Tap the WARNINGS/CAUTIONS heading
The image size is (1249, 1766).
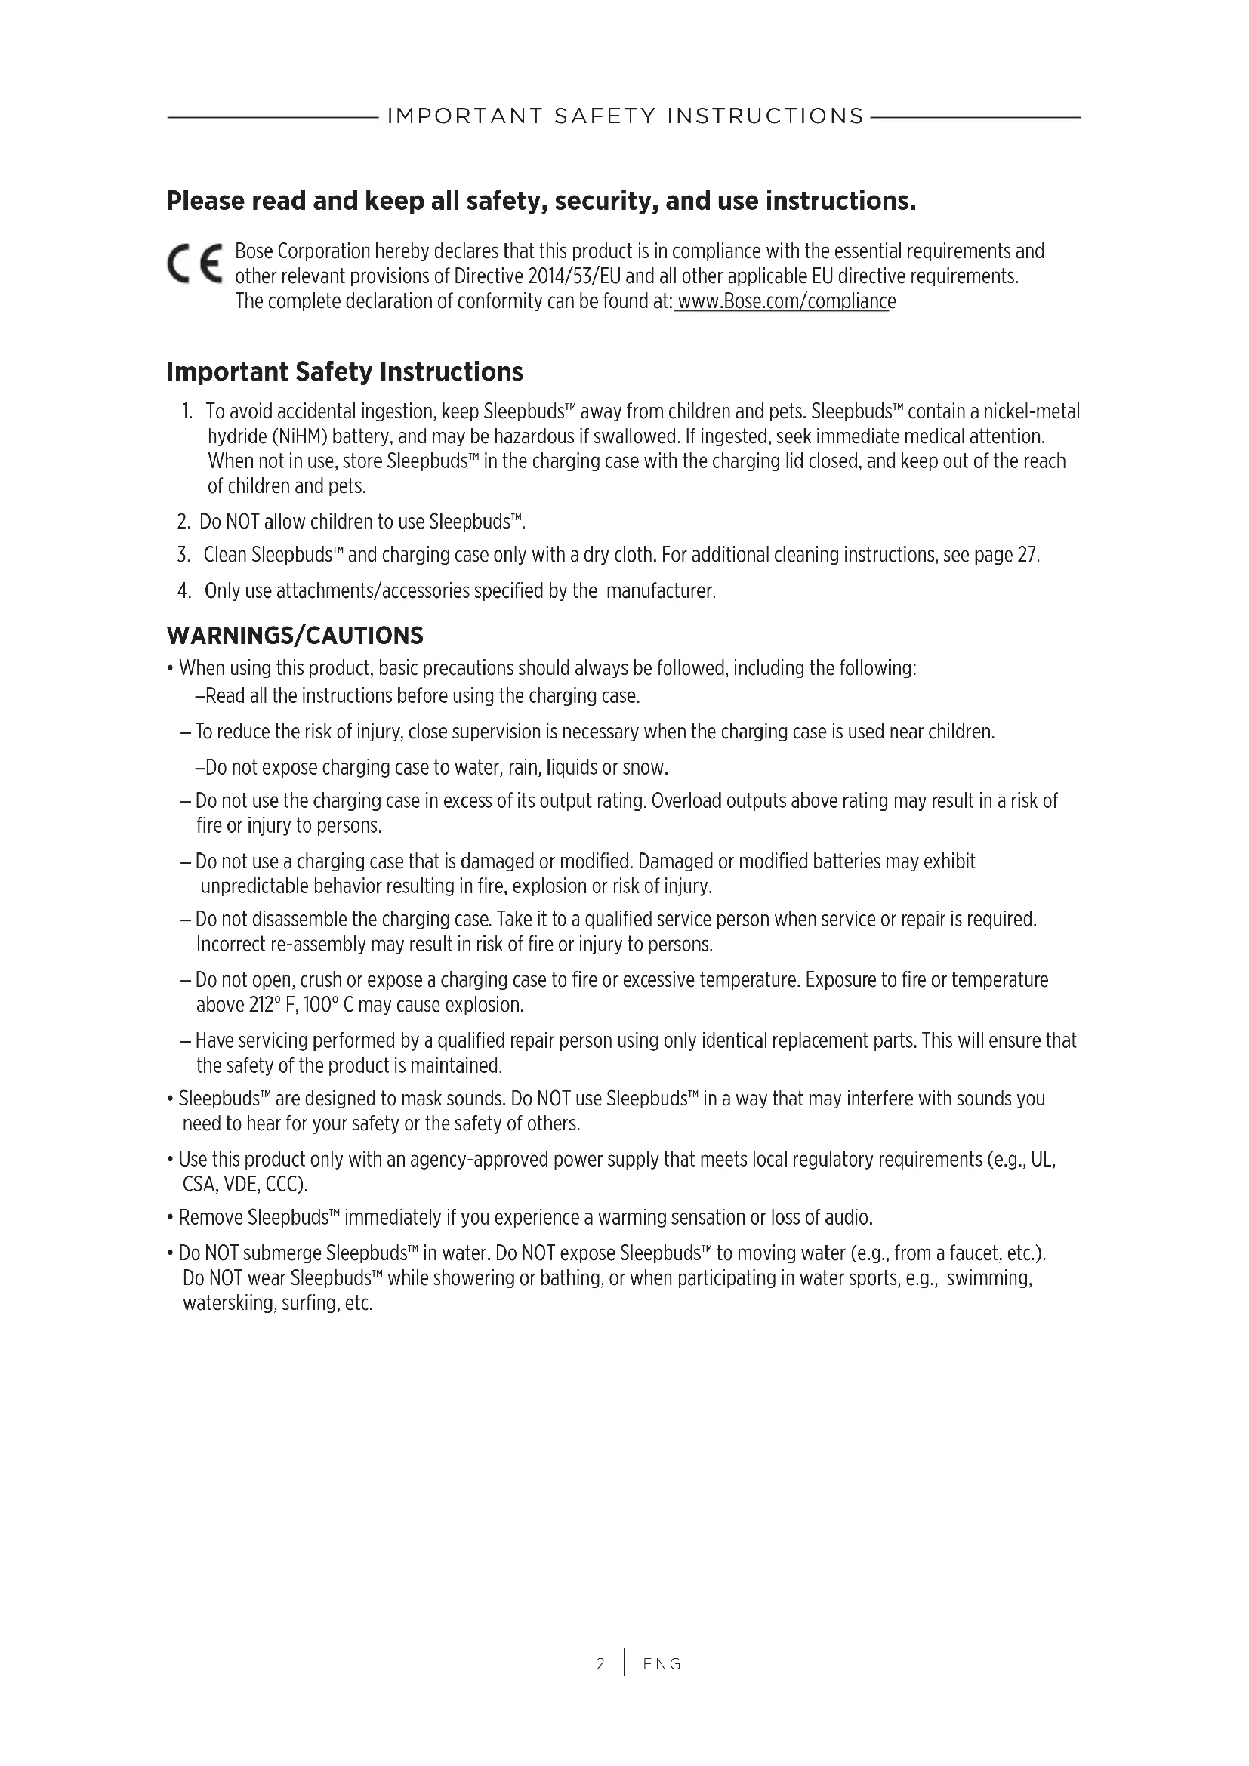coord(295,635)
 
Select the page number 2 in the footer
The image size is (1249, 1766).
coord(600,1664)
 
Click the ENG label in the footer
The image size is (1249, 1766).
coord(662,1664)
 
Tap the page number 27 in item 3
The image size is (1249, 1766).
coord(1028,555)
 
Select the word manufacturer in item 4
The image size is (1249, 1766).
coord(660,591)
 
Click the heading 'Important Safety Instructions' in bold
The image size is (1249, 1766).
coord(344,371)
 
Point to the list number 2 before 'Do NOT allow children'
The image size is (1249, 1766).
coord(183,522)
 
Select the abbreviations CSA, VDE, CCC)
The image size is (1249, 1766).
coord(245,1185)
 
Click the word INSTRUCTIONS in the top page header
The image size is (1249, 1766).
coord(765,116)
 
